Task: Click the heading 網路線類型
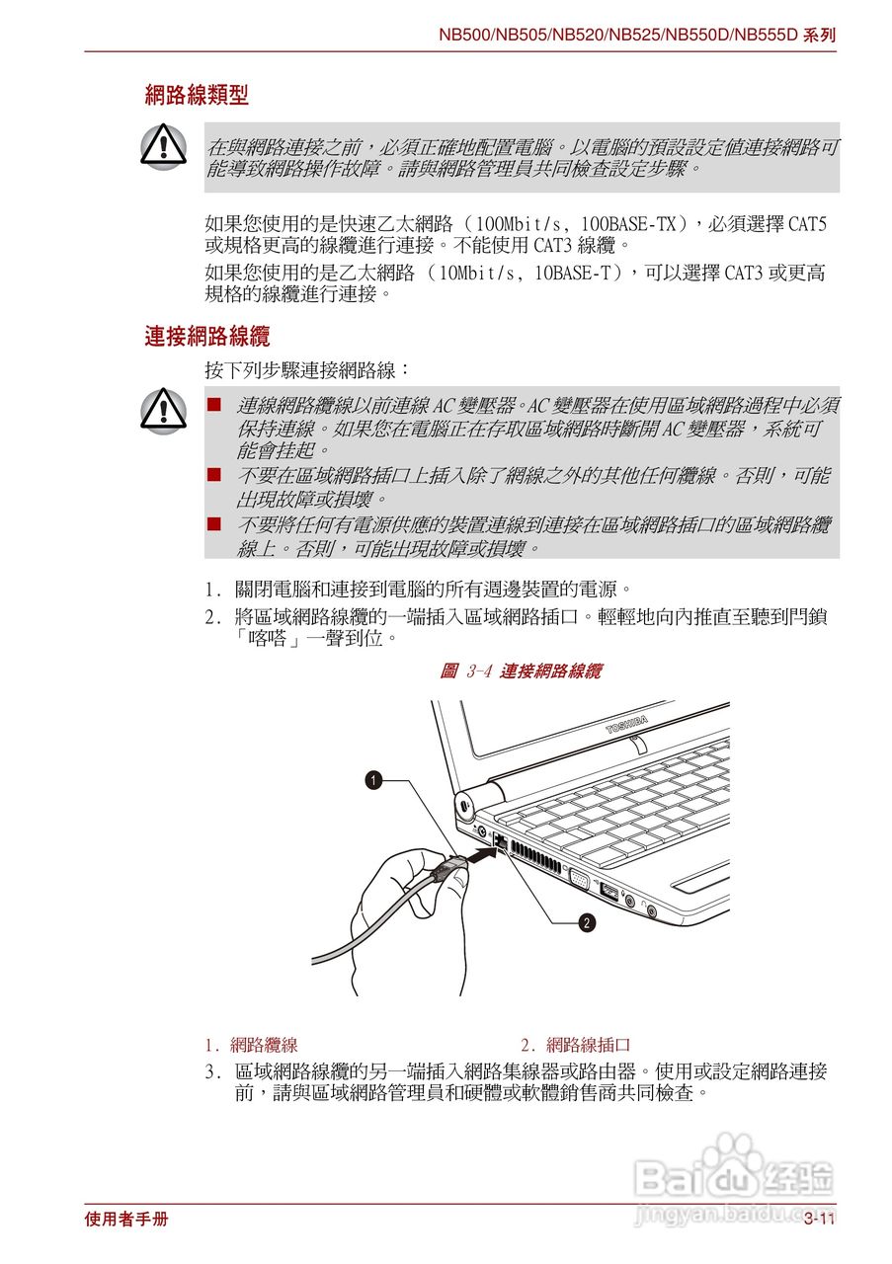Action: pos(197,96)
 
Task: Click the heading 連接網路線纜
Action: pos(206,337)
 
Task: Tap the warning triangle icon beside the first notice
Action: pos(164,146)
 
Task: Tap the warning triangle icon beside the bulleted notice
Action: pos(164,410)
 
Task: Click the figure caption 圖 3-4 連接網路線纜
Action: pos(520,671)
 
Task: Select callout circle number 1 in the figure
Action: pos(373,780)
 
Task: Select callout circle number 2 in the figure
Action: pos(587,923)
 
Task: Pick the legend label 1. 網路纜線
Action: pos(252,1045)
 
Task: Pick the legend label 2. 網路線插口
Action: pos(576,1045)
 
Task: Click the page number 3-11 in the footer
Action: pos(819,1220)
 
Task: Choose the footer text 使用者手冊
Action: pos(126,1220)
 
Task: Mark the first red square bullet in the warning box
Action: pos(212,405)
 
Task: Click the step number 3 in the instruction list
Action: pos(210,1071)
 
